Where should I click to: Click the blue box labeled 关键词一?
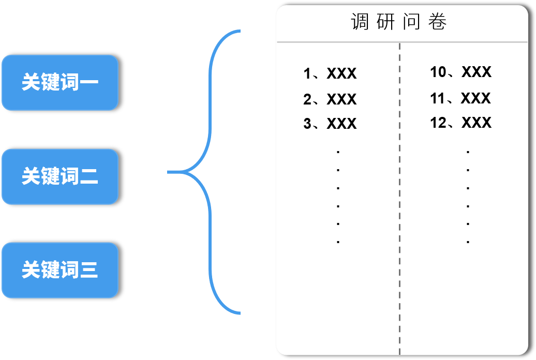(x=60, y=83)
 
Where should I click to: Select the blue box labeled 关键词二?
(x=60, y=177)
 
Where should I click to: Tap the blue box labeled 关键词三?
(x=60, y=271)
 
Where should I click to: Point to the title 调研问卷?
(x=399, y=22)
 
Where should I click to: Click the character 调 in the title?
(x=360, y=22)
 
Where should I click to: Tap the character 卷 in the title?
(x=438, y=22)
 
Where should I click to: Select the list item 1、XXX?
(x=330, y=74)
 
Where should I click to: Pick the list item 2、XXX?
(x=330, y=99)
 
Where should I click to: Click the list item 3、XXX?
(x=330, y=124)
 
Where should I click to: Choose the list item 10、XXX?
(x=460, y=72)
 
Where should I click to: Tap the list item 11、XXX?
(x=460, y=98)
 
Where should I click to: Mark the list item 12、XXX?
(x=460, y=123)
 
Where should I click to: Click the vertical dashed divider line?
(x=399, y=207)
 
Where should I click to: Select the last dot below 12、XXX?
(x=468, y=242)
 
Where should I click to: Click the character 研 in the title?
(x=386, y=22)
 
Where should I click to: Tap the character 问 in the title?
(x=412, y=22)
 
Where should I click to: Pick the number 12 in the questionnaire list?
(x=438, y=123)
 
